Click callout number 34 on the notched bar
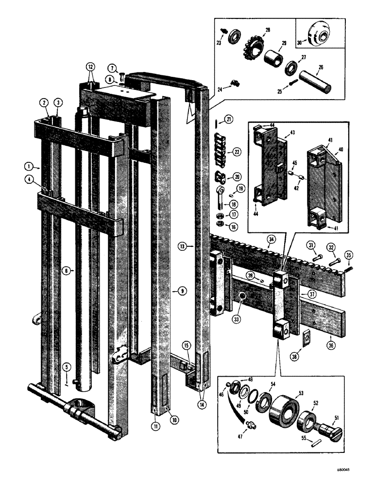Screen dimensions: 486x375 pyautogui.click(x=271, y=239)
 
